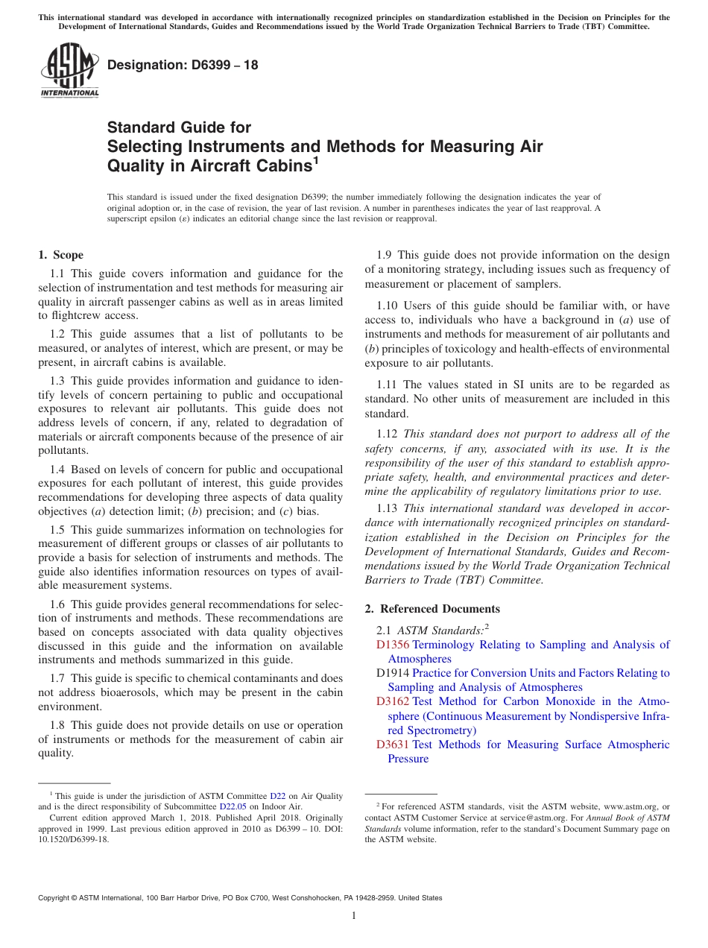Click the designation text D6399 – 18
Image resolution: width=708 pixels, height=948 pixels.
click(x=183, y=65)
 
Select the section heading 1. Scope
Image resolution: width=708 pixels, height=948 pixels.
click(x=61, y=255)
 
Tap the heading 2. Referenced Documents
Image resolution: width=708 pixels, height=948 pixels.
click(x=432, y=609)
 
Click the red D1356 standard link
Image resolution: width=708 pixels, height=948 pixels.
click(x=393, y=645)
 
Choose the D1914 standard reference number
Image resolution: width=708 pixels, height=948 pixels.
click(x=393, y=673)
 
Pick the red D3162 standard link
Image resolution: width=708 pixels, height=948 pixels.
click(x=393, y=701)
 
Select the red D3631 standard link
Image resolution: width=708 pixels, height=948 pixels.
click(x=393, y=745)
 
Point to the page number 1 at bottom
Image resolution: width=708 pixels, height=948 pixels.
click(x=354, y=915)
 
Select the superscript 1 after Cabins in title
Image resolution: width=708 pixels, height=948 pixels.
click(x=316, y=160)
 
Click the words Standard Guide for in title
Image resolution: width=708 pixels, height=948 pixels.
click(x=180, y=127)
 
